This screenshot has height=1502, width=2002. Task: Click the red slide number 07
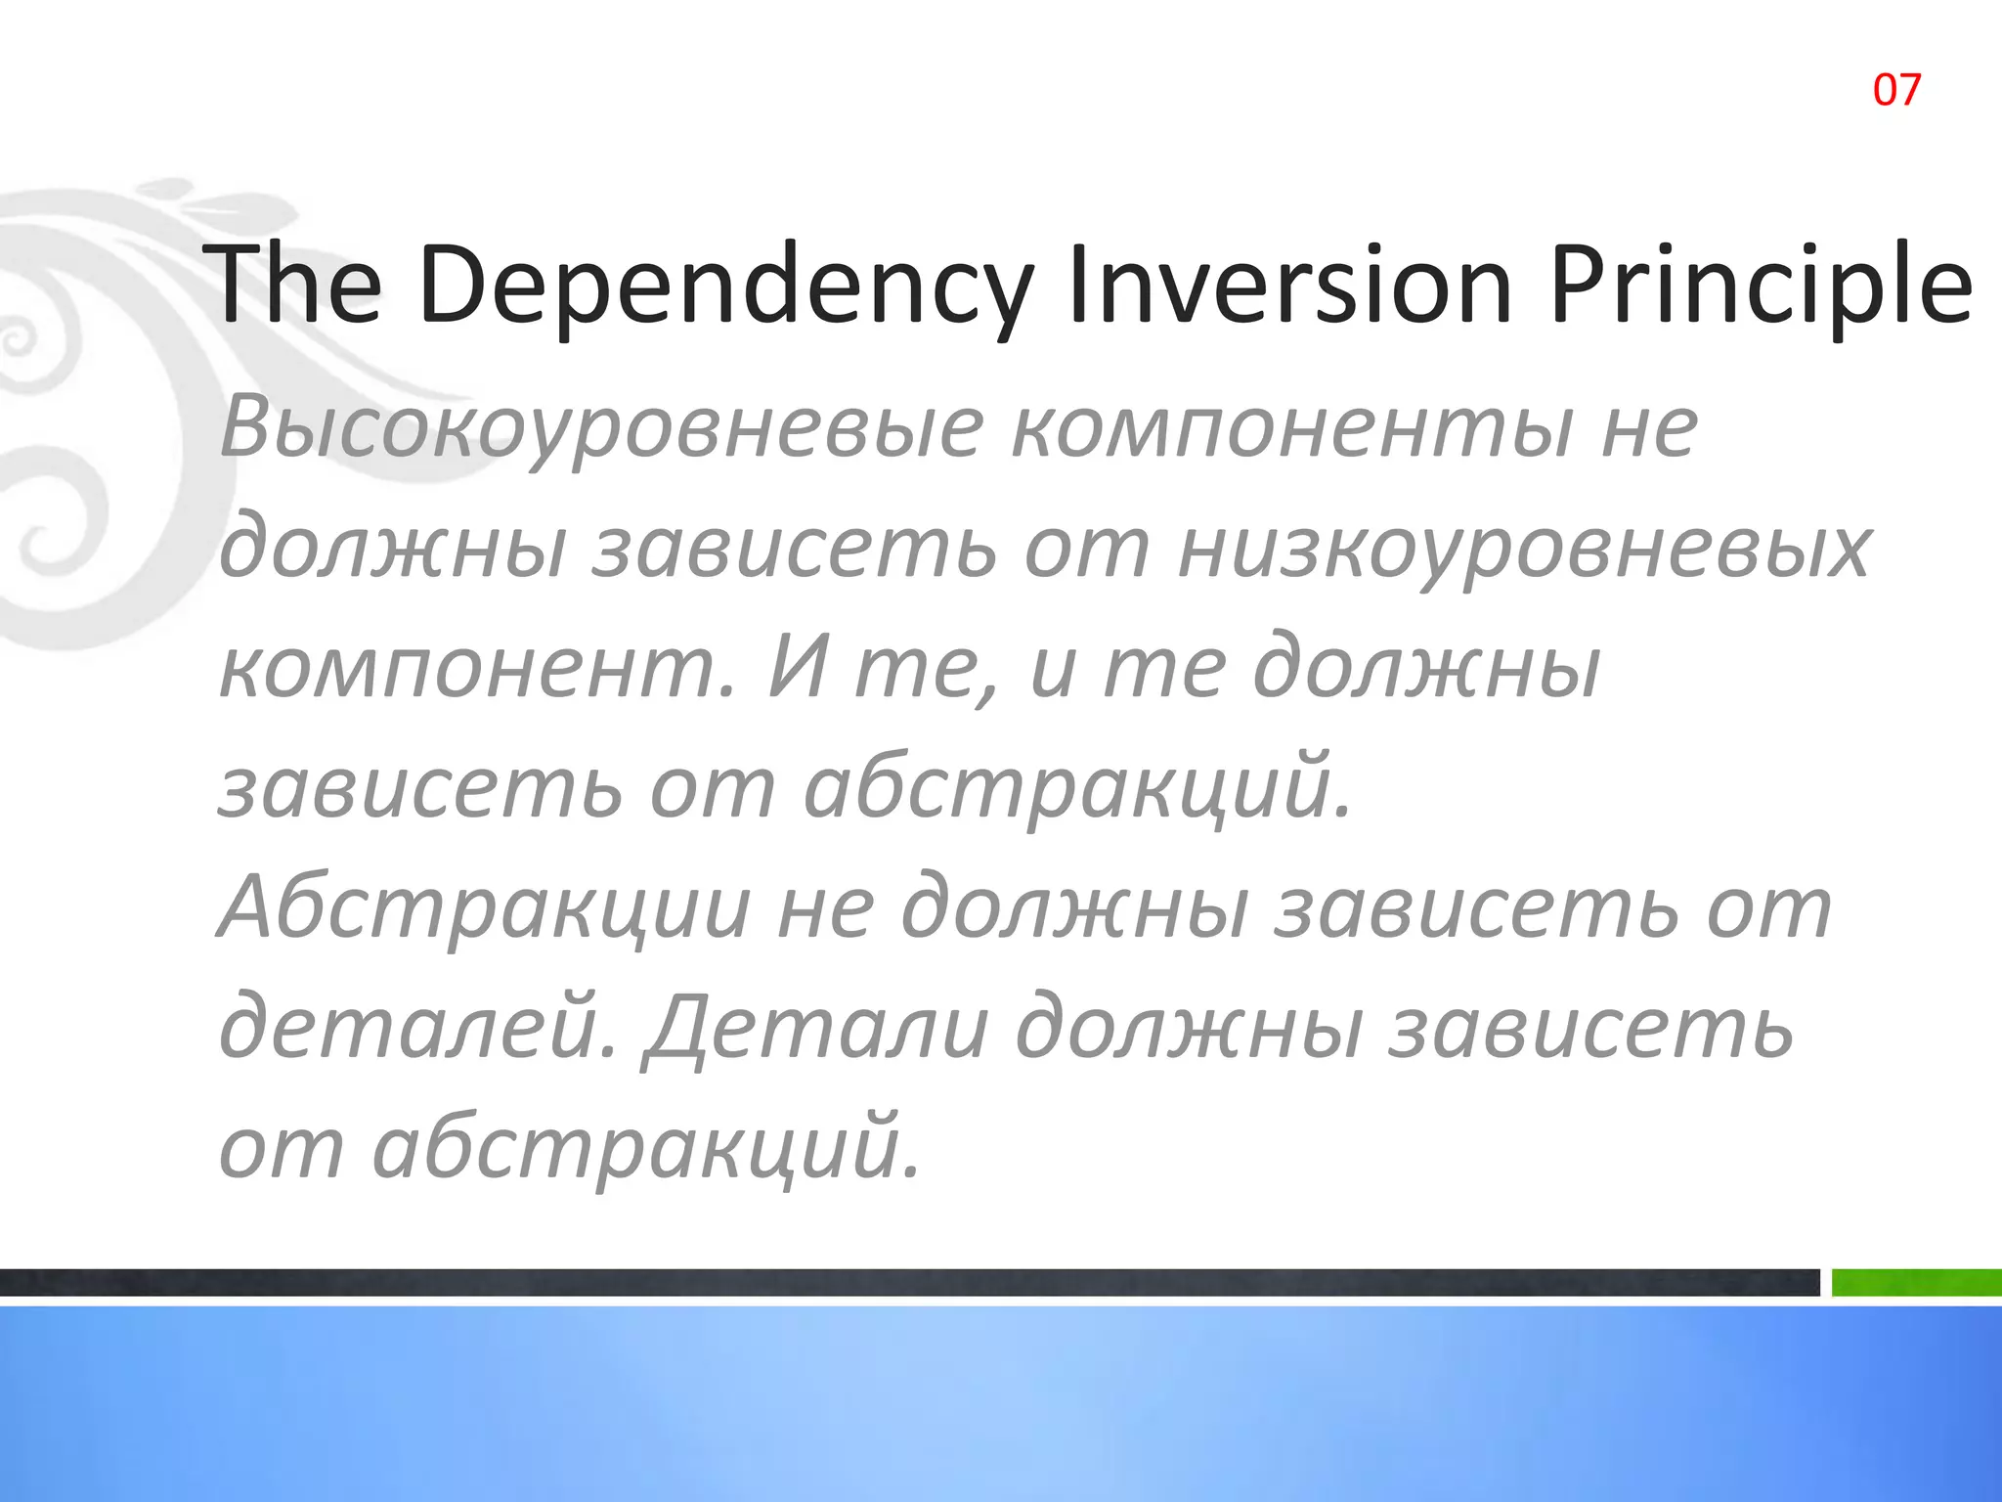tap(1896, 90)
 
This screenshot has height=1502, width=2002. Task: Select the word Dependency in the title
tap(724, 286)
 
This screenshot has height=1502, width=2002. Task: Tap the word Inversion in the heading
tap(1290, 286)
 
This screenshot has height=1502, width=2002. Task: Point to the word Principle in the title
tap(1760, 286)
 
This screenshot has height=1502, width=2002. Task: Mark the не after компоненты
tap(1649, 428)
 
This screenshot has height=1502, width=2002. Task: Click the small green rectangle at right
tap(1916, 1282)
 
